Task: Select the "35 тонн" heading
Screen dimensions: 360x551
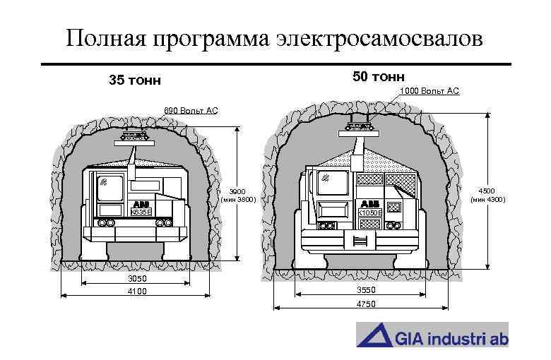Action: pos(135,80)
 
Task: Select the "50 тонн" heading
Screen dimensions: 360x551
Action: pos(379,76)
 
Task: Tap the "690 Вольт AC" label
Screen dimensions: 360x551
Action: pos(191,111)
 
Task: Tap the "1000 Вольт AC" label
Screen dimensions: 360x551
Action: pos(429,91)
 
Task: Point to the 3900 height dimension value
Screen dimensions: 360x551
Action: pos(238,191)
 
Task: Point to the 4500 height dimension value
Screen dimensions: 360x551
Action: pos(488,191)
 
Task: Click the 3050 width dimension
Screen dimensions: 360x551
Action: pos(136,280)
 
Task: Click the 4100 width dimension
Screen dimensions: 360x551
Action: pos(136,291)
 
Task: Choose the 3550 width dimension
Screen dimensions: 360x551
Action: pos(365,290)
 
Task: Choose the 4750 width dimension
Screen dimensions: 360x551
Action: pos(365,304)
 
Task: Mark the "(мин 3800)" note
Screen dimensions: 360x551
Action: pos(238,200)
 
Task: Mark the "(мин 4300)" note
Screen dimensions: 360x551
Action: pos(488,199)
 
